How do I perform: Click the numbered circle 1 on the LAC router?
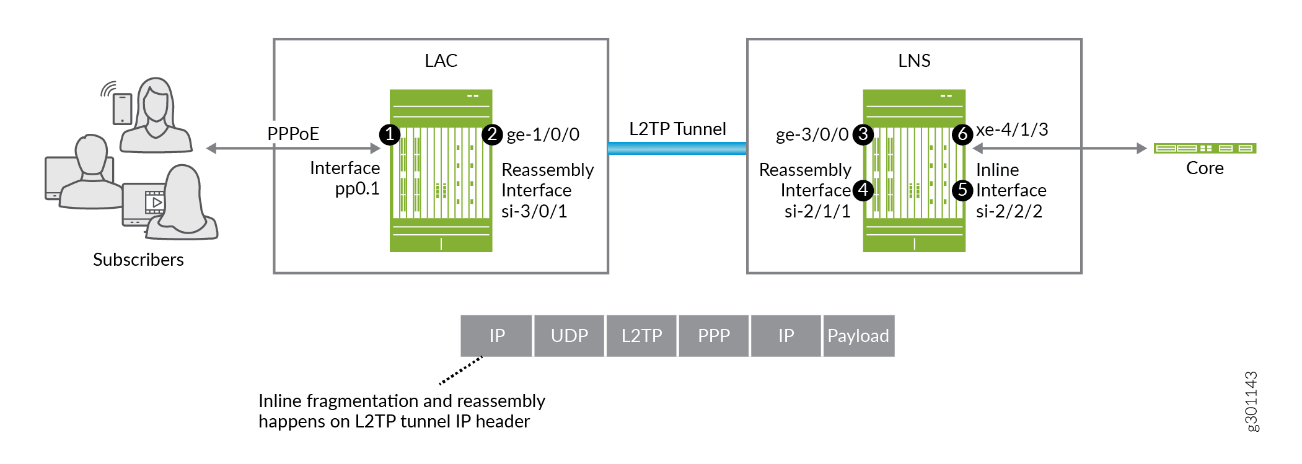[390, 134]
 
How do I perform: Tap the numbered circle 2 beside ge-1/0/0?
[492, 134]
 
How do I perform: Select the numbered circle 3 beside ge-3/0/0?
[863, 134]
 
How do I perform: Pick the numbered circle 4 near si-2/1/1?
[863, 190]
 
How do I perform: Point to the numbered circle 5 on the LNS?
[962, 190]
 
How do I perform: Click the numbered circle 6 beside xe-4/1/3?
[962, 134]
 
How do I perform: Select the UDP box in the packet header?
[569, 336]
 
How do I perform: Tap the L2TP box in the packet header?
[641, 336]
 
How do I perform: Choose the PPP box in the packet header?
[714, 336]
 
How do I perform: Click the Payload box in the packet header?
[858, 336]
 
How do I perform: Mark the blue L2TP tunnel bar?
[677, 148]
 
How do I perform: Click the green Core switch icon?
[1205, 148]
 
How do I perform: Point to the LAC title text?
[441, 61]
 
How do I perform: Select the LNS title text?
[914, 61]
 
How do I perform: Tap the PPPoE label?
[293, 134]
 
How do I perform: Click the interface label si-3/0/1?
[534, 211]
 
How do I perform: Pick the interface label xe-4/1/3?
[1012, 129]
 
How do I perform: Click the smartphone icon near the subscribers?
[122, 108]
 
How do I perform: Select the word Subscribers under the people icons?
[138, 260]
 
